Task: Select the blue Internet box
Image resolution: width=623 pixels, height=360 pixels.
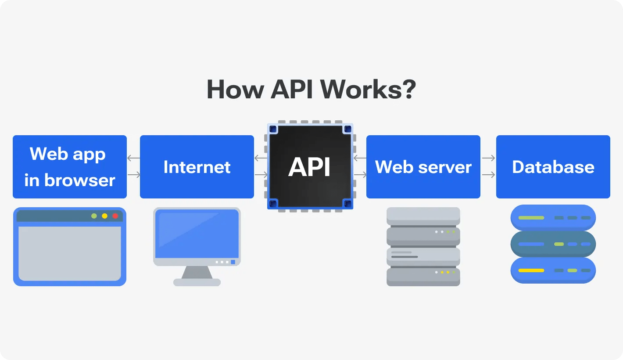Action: [x=197, y=167]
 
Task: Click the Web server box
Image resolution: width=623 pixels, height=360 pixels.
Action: [x=423, y=167]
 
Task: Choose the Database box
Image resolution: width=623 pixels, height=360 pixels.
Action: [x=553, y=167]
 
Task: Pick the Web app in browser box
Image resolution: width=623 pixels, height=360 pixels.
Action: [x=70, y=167]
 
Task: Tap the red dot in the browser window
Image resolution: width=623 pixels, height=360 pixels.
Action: [x=115, y=216]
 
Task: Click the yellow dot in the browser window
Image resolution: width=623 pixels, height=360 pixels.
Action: [x=104, y=216]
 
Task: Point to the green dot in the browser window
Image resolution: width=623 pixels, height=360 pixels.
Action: [x=94, y=216]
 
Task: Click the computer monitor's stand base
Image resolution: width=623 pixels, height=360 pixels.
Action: [x=197, y=282]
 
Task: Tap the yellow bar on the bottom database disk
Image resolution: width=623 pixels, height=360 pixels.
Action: [x=531, y=270]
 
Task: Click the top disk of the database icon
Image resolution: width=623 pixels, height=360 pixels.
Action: [x=553, y=218]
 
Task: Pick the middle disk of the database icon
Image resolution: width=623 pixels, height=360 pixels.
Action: [x=553, y=244]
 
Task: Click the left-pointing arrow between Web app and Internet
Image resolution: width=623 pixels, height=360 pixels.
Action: [x=133, y=158]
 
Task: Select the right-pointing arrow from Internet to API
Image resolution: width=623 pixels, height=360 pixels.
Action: [x=261, y=175]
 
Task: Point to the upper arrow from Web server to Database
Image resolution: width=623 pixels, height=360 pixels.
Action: [x=488, y=158]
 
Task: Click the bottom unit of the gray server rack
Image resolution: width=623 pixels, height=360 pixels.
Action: [x=423, y=277]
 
